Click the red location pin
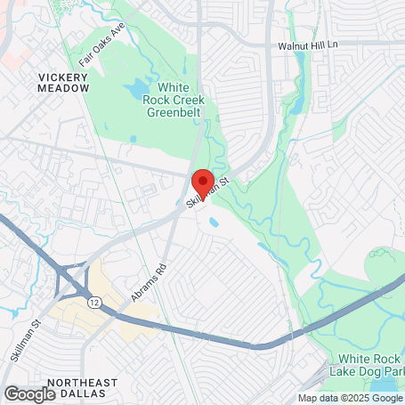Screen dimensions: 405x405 202,182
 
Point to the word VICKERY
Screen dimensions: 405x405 64,77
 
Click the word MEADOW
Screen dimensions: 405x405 64,88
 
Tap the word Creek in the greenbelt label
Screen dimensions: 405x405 187,100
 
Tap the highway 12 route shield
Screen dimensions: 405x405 93,303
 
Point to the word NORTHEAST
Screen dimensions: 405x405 82,382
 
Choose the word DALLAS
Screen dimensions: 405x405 96,393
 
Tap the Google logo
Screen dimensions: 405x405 29,394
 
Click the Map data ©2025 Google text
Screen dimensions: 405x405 349,398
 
